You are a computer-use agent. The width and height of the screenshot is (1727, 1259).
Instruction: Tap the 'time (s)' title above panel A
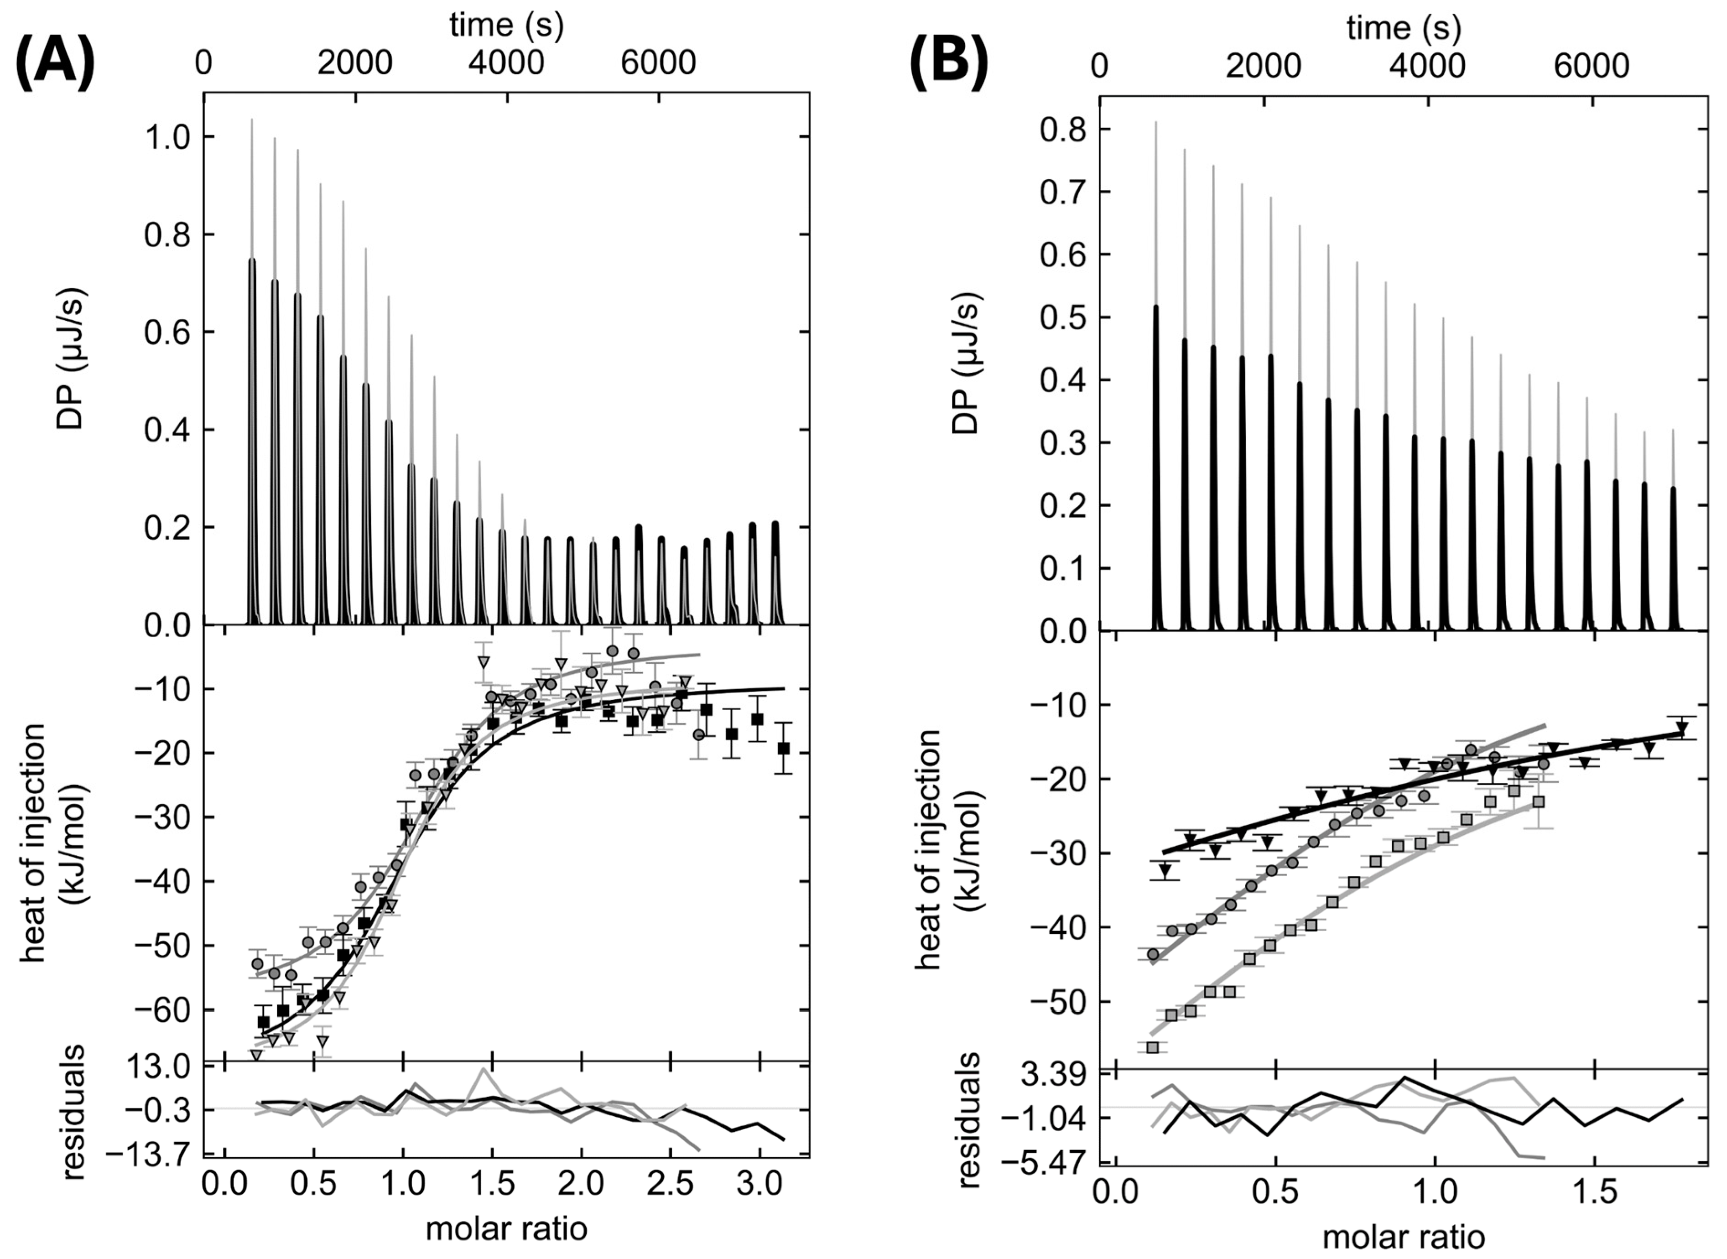(506, 25)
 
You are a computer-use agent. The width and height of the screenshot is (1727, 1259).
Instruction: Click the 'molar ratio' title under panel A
(506, 1228)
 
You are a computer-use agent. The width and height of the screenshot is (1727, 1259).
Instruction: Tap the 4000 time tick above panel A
(506, 62)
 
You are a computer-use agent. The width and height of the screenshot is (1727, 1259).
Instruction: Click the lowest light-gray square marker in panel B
(1152, 1047)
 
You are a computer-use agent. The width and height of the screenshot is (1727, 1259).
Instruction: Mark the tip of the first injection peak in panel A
(251, 120)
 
